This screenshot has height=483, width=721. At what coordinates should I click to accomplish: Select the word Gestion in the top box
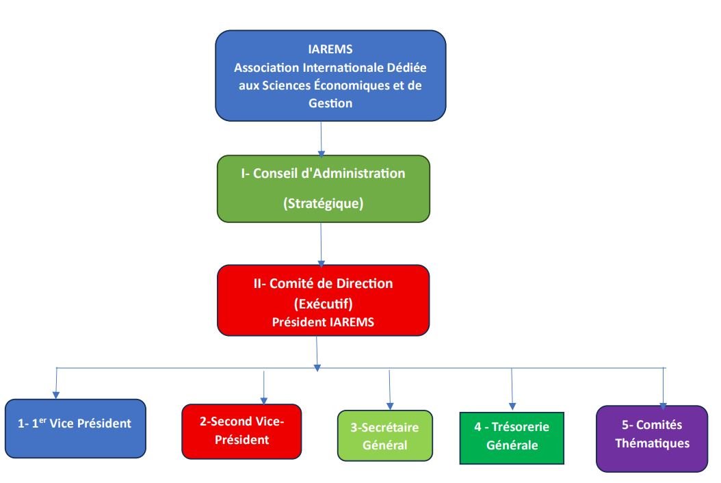pos(330,103)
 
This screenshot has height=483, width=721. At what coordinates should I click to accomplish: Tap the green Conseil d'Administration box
pos(324,188)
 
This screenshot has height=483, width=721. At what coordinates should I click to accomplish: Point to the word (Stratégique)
pos(323,204)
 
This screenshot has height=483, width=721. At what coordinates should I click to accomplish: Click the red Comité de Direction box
pos(323,300)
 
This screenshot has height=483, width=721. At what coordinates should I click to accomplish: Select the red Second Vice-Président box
pos(241,431)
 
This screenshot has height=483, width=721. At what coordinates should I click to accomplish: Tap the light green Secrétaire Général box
pos(385,435)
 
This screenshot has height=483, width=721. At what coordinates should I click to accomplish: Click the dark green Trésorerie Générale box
pos(512,437)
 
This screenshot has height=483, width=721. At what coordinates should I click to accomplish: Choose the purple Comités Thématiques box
pos(651,438)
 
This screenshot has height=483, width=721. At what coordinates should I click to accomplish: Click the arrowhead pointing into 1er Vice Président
pos(56,395)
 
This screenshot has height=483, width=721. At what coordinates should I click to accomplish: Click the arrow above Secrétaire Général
pos(389,389)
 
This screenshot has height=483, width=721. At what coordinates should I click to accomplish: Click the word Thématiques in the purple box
pos(651,443)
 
